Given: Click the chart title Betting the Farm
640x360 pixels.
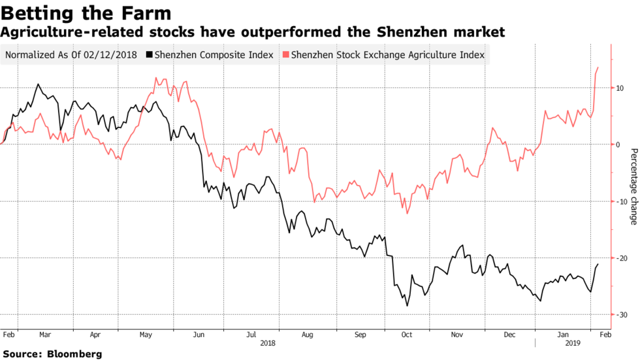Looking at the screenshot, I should click(86, 12).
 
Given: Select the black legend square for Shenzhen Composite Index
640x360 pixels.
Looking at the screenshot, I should click(150, 55).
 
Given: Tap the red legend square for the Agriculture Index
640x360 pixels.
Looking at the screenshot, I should click(285, 55).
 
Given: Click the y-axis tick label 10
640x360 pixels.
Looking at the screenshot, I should click(620, 88).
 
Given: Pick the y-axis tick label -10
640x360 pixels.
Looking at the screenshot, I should click(620, 201).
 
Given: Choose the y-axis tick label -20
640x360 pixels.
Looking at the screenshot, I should click(620, 258).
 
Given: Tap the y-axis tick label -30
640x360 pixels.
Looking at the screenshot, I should click(620, 315).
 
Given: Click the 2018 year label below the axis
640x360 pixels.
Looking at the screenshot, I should click(268, 342).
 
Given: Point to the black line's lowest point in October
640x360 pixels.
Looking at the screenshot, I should click(408, 306).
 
